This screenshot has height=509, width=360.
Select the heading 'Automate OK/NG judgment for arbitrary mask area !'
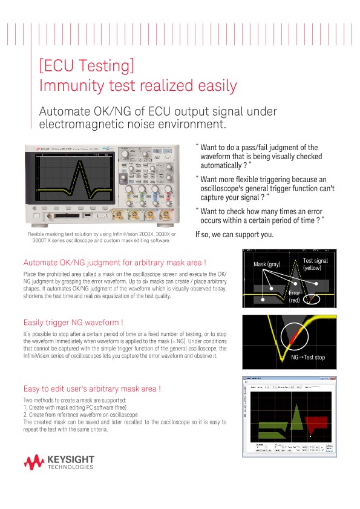114,263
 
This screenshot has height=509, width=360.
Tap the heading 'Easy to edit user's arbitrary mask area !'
91,389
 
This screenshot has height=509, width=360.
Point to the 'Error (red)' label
294,297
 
